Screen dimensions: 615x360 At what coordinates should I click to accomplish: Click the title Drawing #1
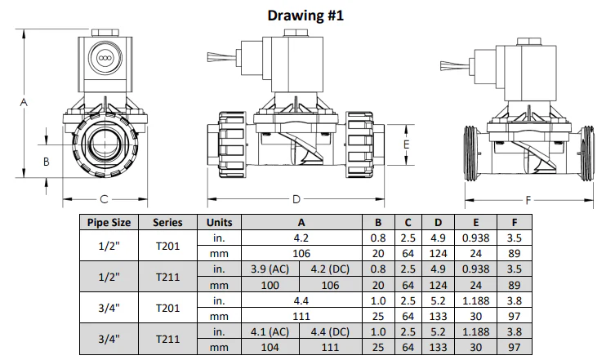pos(305,16)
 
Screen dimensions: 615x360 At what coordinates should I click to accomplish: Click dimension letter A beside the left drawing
pos(24,102)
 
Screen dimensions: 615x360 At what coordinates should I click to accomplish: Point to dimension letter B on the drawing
pos(47,162)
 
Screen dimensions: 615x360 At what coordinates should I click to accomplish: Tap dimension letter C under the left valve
pos(104,199)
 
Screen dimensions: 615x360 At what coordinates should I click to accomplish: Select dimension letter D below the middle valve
pos(296,199)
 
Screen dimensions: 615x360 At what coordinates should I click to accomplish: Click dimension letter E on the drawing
pos(407,144)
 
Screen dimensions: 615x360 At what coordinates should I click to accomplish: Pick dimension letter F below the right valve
pos(528,200)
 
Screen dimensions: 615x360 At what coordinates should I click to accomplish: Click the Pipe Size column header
pos(109,222)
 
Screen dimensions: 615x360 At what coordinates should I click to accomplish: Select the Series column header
pos(167,222)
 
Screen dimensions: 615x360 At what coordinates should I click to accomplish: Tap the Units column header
pos(219,222)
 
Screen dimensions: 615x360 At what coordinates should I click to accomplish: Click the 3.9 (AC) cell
pos(270,269)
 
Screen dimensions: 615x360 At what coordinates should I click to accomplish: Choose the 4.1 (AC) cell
pos(270,331)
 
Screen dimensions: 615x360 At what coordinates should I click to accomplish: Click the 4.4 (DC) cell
pos(330,331)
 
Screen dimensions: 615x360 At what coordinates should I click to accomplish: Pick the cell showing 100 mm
pos(270,285)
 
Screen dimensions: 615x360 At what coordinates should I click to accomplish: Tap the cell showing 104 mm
pos(270,347)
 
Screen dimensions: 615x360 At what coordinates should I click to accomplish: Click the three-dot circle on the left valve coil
pos(105,58)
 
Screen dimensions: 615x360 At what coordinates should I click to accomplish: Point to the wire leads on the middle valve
pos(222,57)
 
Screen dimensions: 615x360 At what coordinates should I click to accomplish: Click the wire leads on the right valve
pos(455,66)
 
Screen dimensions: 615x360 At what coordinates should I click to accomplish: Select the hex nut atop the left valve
pos(105,33)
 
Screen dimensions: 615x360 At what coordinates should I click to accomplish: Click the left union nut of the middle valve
pos(231,144)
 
